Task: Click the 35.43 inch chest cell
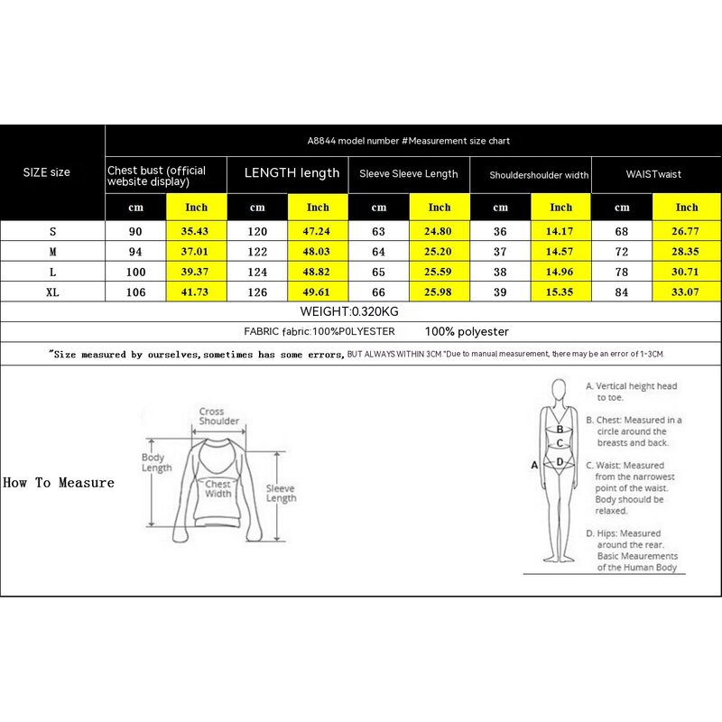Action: coord(196,232)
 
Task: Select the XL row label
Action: coord(52,292)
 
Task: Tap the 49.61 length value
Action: coord(318,292)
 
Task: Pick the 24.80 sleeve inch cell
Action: coord(440,232)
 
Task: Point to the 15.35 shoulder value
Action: coord(560,292)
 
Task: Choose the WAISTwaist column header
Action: coord(655,174)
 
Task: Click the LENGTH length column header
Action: coord(292,173)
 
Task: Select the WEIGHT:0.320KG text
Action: coord(349,311)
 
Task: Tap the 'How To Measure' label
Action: coord(59,483)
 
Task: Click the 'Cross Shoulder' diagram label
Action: coord(218,417)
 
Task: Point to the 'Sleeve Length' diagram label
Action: coord(281,493)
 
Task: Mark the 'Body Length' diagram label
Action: coord(156,462)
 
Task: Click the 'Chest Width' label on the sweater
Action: coord(218,488)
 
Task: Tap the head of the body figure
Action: coord(560,388)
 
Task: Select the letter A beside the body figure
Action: coord(534,465)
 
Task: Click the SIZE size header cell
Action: coord(46,172)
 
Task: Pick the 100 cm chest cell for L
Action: coord(136,272)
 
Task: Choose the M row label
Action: coord(52,252)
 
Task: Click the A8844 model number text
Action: coord(409,141)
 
